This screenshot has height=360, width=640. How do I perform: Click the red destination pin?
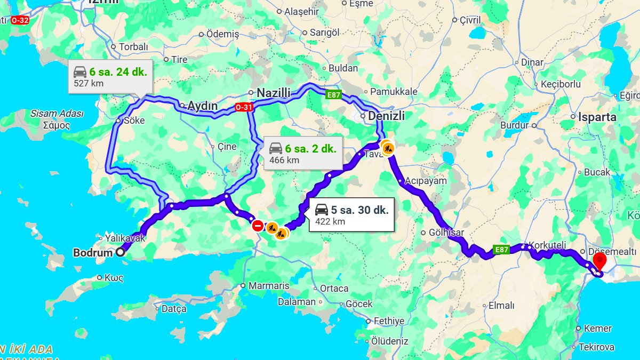coord(600,261)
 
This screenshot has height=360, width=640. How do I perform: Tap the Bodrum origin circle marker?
coord(121,252)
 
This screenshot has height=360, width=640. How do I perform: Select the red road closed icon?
coord(258,225)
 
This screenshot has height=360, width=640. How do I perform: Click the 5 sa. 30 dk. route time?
coord(359,210)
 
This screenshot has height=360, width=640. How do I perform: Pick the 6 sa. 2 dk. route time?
coord(310,149)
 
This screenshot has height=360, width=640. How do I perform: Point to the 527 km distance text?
coord(89,83)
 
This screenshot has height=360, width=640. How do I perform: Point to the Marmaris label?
coord(268,286)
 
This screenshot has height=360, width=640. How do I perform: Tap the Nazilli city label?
coord(273,93)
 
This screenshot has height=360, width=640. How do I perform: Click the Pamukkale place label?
coord(394,92)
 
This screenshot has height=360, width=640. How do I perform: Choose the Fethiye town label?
coord(389,321)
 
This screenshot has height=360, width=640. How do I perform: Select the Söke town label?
coord(134,121)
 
